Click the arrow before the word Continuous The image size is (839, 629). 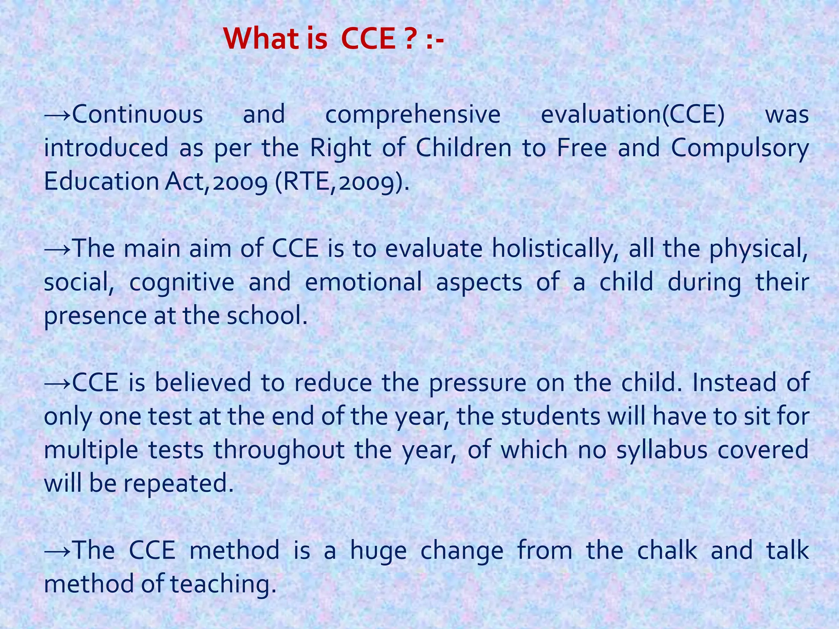pos(58,115)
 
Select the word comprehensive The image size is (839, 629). pos(413,115)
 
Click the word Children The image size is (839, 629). pos(464,148)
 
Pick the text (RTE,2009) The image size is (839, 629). pos(342,182)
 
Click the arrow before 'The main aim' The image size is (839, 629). pos(58,249)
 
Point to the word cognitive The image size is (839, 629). pos(182,283)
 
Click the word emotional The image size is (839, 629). pos(363,283)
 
